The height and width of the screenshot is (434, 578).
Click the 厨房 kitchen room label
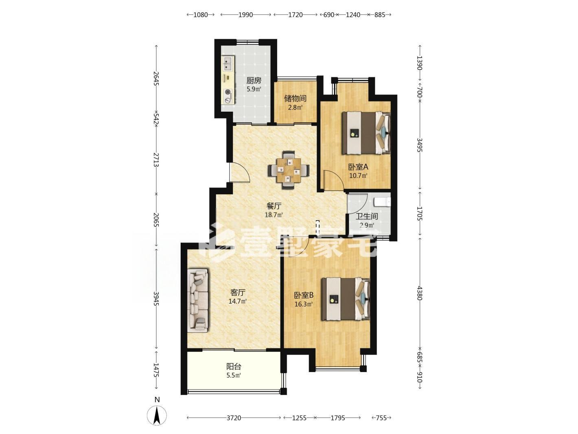point(254,80)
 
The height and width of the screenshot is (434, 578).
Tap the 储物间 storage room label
point(295,99)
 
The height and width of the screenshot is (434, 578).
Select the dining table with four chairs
point(288,170)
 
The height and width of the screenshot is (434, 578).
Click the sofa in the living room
point(197,300)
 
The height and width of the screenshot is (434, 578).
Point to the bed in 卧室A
point(366,133)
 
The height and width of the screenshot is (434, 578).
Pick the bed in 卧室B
point(346,299)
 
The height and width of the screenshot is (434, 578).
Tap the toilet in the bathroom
point(382,202)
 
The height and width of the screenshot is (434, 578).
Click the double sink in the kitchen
point(43,63)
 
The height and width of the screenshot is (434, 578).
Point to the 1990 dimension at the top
point(245,15)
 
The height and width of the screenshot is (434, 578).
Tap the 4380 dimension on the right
point(420,293)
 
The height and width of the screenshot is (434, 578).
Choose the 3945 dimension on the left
point(156,298)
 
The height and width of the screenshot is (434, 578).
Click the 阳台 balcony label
point(234,366)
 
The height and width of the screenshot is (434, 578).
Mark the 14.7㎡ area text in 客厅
point(238,301)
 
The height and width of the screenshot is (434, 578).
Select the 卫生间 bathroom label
point(367,216)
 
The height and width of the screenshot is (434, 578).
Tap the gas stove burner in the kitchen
point(44,93)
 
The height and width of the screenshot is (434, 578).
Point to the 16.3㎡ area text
point(303,304)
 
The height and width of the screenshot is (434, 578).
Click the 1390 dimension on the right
point(420,63)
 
